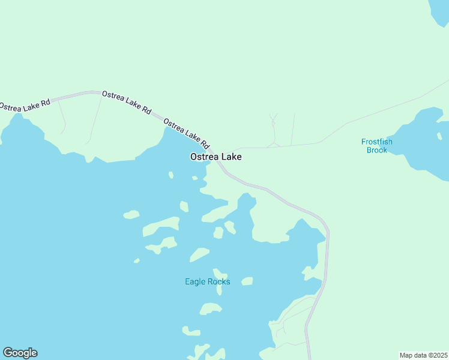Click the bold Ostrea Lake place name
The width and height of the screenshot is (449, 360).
click(215, 157)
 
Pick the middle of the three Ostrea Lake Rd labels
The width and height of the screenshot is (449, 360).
click(126, 102)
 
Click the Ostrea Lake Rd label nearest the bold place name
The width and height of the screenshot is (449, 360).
click(186, 133)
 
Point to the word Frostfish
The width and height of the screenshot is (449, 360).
click(376, 142)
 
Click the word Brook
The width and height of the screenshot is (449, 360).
click(376, 150)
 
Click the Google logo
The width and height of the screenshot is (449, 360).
click(20, 353)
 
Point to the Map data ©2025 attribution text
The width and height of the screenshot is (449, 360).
click(423, 355)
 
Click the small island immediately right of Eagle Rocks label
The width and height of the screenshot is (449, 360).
click(247, 281)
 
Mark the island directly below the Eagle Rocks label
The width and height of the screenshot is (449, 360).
click(211, 308)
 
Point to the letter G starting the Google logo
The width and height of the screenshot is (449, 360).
click(8, 353)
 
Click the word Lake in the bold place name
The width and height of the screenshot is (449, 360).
click(231, 157)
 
